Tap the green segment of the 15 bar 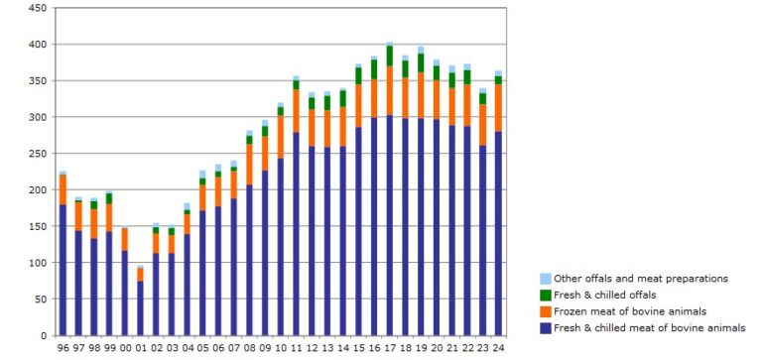(358, 76)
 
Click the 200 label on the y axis (38, 189)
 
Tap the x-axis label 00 (125, 347)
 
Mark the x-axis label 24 (499, 347)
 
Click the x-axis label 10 (281, 347)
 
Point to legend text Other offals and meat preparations (641, 279)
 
